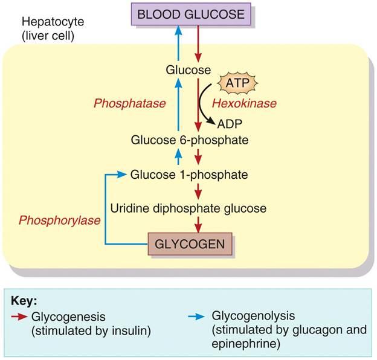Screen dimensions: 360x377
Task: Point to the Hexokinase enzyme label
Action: point(244,103)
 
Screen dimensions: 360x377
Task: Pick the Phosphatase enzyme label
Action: point(129,103)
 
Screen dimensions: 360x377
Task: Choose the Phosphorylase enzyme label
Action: point(59,220)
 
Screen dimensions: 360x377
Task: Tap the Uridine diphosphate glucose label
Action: point(188,208)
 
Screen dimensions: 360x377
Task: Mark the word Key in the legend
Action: point(24,300)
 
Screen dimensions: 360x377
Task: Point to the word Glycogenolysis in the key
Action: point(245,316)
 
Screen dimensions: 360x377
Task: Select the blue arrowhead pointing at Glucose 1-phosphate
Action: point(123,175)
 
